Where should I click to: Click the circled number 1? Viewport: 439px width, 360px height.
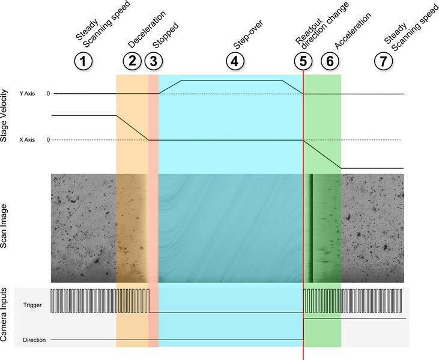click(83, 61)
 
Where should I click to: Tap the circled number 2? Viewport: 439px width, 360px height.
click(132, 61)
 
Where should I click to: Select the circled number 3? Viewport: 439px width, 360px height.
click(153, 61)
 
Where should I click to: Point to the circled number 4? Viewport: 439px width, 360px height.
click(235, 61)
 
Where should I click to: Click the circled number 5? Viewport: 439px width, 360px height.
click(303, 61)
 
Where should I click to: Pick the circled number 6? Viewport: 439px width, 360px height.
click(330, 61)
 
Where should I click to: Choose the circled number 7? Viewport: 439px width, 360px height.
click(383, 61)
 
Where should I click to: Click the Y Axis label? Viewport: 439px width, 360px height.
click(27, 94)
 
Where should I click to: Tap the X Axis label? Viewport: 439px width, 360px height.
click(27, 139)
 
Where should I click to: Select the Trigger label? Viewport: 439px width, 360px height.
click(32, 305)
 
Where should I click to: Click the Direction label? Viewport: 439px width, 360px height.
click(34, 340)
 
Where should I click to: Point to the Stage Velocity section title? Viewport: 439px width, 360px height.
click(4, 116)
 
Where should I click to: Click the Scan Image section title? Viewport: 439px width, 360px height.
click(4, 226)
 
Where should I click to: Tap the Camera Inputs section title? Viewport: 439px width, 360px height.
click(4, 314)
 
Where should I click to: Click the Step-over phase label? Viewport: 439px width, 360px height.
click(248, 34)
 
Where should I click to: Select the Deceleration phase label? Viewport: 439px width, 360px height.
click(147, 29)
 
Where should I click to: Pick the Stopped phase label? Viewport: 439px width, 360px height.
click(166, 35)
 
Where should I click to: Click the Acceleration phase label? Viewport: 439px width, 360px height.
click(353, 31)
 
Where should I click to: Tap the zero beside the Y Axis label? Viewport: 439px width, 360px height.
click(48, 94)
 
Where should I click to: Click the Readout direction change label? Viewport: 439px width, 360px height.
click(322, 26)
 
